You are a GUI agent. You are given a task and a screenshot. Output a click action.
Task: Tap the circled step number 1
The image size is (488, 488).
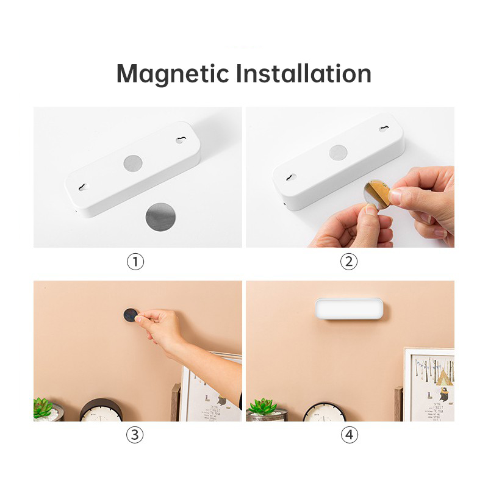tap(135, 262)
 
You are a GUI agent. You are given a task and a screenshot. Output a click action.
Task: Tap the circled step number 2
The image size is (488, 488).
tap(349, 262)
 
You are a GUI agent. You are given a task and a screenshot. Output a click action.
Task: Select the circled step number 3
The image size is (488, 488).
tap(135, 435)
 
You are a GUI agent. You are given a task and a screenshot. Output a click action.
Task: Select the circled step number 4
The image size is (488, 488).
tap(349, 435)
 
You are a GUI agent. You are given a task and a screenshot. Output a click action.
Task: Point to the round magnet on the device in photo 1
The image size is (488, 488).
tap(132, 163)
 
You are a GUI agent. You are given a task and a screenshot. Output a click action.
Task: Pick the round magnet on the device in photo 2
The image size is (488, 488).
tap(338, 152)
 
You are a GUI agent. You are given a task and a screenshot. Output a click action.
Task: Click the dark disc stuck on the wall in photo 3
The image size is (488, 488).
tap(131, 315)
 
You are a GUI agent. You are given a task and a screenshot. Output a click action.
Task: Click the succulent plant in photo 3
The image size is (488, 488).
tap(43, 407)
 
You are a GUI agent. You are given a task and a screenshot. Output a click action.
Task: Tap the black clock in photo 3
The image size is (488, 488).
tap(101, 410)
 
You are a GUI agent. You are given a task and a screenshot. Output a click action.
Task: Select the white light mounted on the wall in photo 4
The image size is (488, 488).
tap(350, 308)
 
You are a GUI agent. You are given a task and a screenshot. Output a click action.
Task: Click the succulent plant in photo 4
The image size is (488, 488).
tap(263, 407)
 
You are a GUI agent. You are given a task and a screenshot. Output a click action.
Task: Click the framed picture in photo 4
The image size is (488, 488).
tap(430, 384)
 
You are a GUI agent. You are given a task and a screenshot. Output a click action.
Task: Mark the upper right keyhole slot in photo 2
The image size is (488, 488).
tap(384, 129)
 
